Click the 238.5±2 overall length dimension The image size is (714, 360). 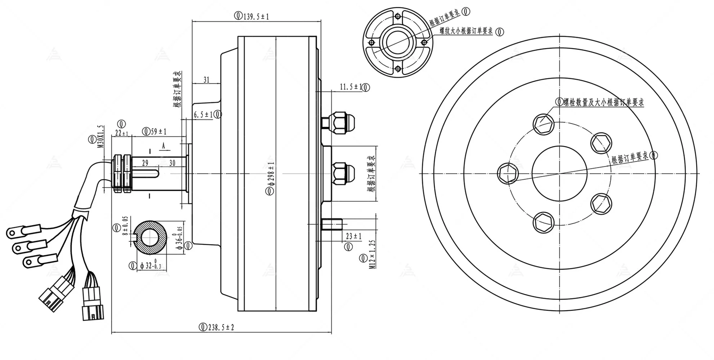[220, 327]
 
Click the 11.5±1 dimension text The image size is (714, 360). [351, 87]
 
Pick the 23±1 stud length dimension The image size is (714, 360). [353, 236]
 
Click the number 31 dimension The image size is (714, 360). [206, 80]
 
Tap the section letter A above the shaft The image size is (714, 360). [163, 146]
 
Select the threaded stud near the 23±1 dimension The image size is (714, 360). [331, 225]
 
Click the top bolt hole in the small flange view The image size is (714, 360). [397, 17]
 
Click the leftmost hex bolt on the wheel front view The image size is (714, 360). [508, 173]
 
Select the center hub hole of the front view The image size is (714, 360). [559, 173]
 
